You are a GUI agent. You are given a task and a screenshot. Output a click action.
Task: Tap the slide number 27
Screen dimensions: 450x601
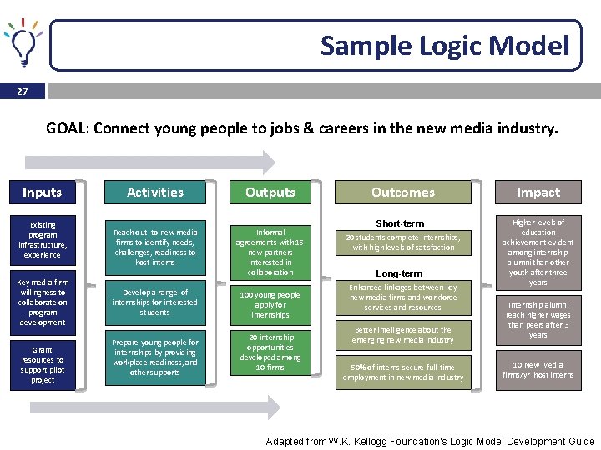pos(22,92)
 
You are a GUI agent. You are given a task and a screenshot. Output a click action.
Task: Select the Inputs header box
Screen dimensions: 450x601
pos(42,192)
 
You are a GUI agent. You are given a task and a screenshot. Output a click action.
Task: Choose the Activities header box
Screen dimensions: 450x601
pos(155,192)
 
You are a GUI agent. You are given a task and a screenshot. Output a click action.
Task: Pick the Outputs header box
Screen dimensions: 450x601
pos(270,192)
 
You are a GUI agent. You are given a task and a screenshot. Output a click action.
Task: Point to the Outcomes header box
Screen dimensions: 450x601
pos(402,192)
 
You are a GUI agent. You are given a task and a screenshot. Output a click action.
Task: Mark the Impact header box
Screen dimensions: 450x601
pos(538,192)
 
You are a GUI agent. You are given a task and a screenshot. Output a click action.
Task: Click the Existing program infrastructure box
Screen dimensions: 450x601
pos(43,240)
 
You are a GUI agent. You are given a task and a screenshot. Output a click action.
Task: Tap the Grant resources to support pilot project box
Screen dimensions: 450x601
pos(43,365)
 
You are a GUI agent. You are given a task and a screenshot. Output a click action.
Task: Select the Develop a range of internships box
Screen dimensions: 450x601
pos(155,302)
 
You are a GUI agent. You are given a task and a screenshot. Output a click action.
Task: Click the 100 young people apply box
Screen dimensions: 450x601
pos(270,305)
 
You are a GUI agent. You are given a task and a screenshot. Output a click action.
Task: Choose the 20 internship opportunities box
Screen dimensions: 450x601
pos(270,352)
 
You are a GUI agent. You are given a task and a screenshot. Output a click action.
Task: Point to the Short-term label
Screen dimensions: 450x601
pos(400,223)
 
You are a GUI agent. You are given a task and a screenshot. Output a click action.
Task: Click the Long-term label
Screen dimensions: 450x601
pos(400,273)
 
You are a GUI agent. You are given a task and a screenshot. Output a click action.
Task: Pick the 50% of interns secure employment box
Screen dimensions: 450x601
pos(402,372)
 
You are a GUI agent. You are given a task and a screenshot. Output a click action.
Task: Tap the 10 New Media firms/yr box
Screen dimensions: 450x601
pos(538,370)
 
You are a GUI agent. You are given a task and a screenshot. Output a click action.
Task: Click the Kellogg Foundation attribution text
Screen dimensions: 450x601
pos(430,441)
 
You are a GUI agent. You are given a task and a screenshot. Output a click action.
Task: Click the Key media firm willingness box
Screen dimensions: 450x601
pos(43,302)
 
